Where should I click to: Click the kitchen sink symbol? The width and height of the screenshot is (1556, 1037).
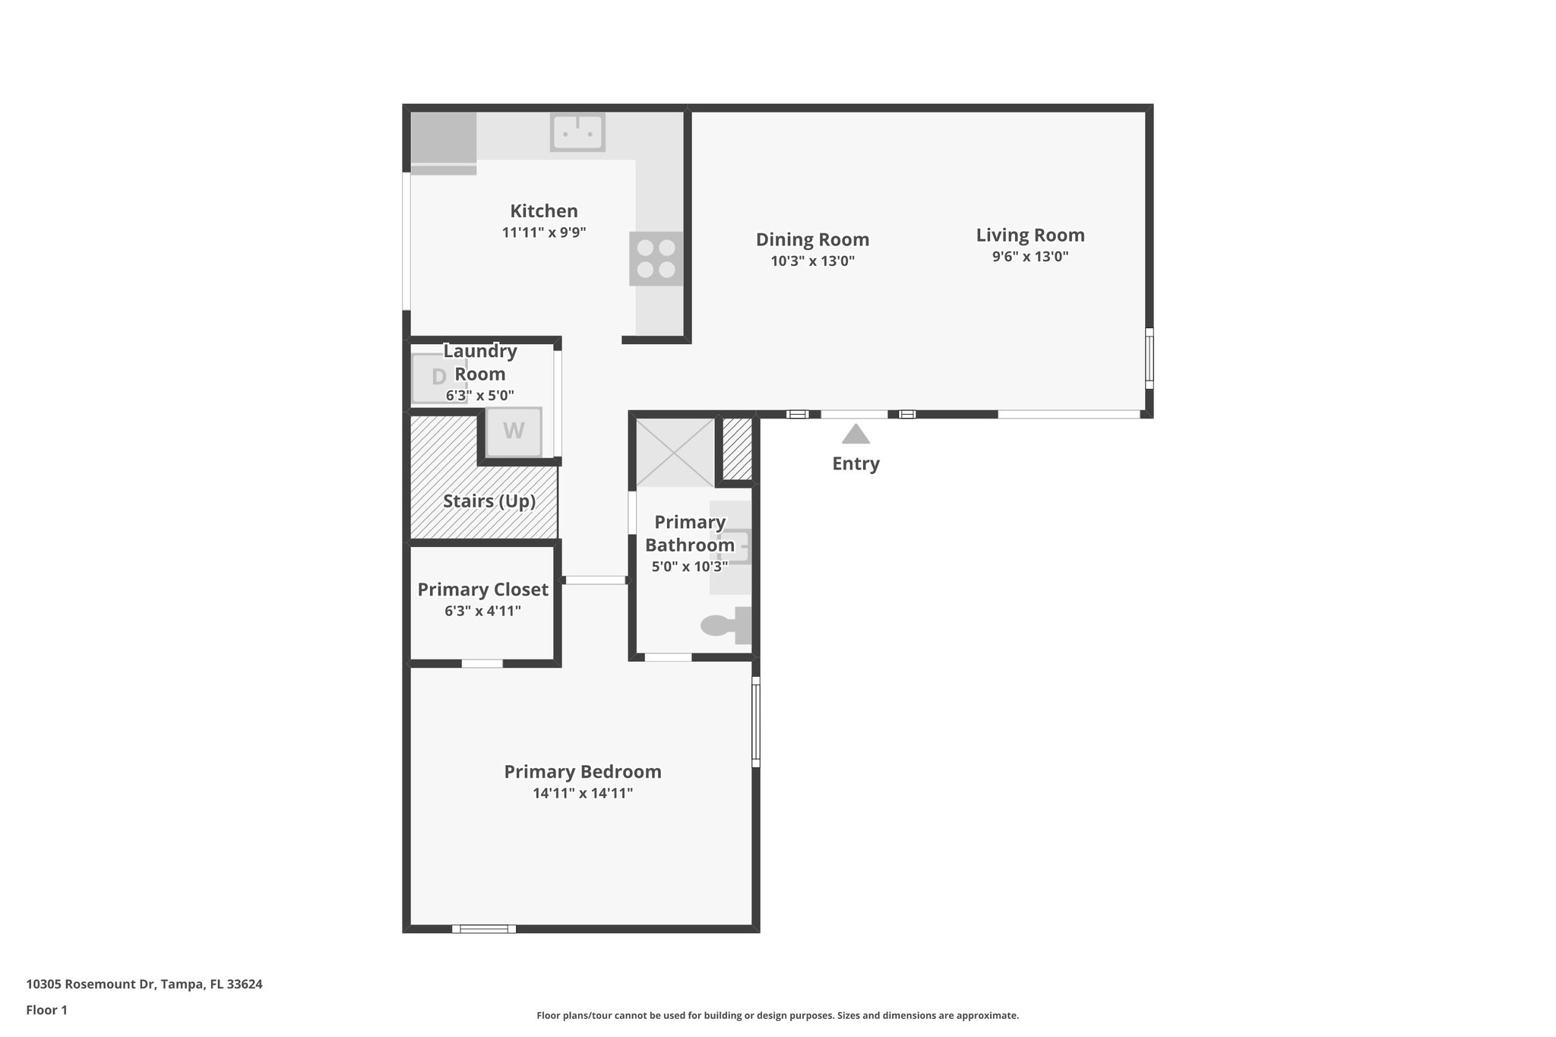pos(577,132)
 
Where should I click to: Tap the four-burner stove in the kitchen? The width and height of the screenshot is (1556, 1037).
pos(656,259)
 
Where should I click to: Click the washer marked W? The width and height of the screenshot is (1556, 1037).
pos(514,432)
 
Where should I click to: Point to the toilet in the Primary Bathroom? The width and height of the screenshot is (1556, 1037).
pos(726,625)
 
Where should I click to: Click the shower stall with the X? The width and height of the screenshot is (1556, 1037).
pos(675,451)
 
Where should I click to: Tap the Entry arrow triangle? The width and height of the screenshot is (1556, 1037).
pos(855,435)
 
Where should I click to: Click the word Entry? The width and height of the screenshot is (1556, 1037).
pos(855,463)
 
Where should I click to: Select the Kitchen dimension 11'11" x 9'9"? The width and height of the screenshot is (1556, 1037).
pos(544,232)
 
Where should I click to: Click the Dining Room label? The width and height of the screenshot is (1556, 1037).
pos(812,239)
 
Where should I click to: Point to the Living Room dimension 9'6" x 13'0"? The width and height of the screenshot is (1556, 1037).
pos(1030,257)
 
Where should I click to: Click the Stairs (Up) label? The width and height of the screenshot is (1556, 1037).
pos(489,501)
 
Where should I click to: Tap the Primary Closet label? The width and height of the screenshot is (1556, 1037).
pos(482,590)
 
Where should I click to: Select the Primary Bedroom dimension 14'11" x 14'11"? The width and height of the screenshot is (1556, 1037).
pos(583,793)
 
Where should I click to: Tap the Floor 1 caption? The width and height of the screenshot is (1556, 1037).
pos(47,1010)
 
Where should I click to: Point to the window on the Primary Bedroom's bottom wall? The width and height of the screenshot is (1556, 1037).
pos(484,928)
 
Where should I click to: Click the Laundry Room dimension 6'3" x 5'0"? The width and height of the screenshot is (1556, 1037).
pos(480,396)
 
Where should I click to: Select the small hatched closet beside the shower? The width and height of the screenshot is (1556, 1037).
pos(735,448)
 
